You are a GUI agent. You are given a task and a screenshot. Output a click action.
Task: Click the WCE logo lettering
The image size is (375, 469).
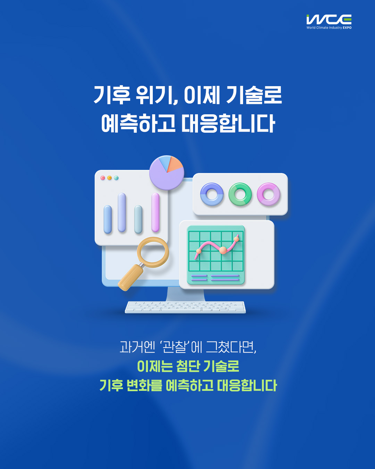pos(329,19)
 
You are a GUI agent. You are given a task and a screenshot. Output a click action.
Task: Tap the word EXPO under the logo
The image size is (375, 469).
pos(347,28)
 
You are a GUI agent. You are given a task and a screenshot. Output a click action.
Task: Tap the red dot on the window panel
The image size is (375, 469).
pos(103,178)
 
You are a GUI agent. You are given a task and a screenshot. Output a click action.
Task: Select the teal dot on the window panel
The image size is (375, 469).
pos(116,178)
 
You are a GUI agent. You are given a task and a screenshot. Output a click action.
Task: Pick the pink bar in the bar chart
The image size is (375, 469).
pos(155,212)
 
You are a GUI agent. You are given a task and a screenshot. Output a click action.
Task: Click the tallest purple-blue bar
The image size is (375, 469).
pos(122,212)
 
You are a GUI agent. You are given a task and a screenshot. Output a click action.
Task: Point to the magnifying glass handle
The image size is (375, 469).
pos(130,278)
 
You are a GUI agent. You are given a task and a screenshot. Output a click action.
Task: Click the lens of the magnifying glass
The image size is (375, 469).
pos(153,252)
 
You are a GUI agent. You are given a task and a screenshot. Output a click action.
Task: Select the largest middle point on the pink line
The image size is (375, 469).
pos(223,250)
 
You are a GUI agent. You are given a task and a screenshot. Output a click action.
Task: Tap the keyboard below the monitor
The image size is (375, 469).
pos(185,307)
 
